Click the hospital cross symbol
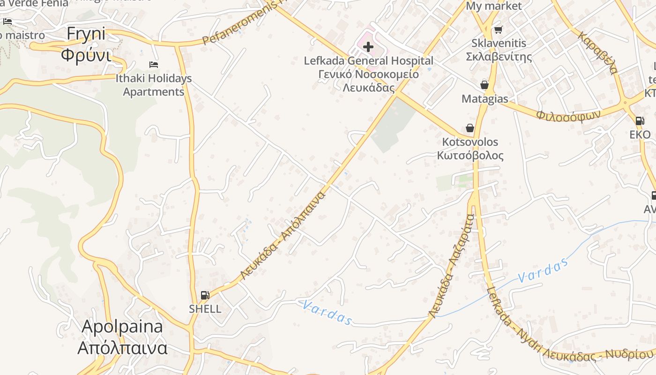(x=368, y=46)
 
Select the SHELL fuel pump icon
(x=205, y=295)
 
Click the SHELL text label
(x=205, y=309)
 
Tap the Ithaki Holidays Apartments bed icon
(x=154, y=64)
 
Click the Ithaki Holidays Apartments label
(x=154, y=85)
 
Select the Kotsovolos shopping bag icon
(x=470, y=128)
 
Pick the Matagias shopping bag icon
(x=485, y=85)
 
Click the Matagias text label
(x=485, y=99)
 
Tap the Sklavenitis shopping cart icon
(x=498, y=30)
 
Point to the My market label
(x=493, y=6)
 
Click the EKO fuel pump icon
(x=640, y=121)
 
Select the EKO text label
(x=640, y=135)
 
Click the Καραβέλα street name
(x=597, y=52)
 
